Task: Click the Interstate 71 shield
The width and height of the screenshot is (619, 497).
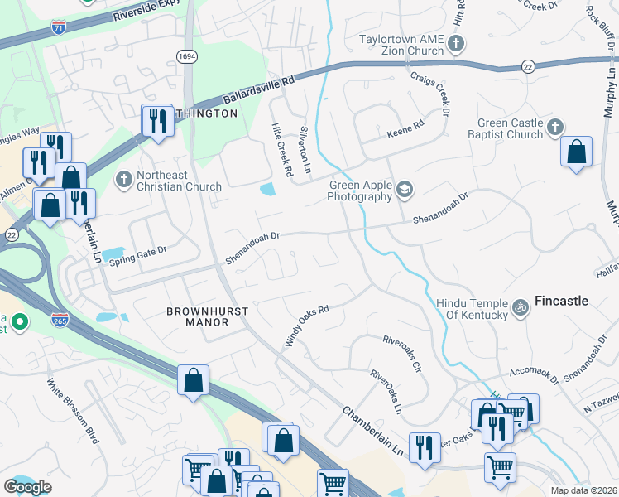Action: pyautogui.click(x=56, y=28)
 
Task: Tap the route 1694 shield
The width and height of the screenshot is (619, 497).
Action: pyautogui.click(x=186, y=55)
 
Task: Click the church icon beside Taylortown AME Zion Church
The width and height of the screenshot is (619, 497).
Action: pyautogui.click(x=455, y=43)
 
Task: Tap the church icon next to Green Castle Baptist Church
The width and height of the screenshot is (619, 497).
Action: pyautogui.click(x=556, y=128)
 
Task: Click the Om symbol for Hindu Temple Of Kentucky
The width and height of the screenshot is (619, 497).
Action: pyautogui.click(x=521, y=308)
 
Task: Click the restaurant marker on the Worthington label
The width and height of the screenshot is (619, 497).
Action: pyautogui.click(x=156, y=121)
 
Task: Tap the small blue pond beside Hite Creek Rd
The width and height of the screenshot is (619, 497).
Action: pyautogui.click(x=267, y=190)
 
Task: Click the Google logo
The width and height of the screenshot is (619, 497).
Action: pyautogui.click(x=27, y=487)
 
